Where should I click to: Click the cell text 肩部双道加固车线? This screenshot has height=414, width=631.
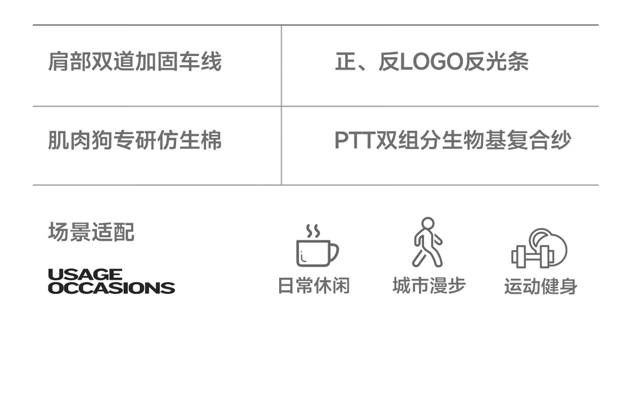click(135, 61)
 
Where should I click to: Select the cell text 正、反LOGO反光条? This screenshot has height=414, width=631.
click(432, 61)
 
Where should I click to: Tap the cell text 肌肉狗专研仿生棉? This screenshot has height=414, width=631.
click(135, 140)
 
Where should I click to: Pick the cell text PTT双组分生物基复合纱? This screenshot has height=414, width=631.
click(453, 140)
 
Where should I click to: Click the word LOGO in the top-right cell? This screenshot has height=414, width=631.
click(432, 62)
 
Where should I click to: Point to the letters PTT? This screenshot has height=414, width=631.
click(355, 140)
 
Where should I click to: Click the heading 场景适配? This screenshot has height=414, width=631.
click(91, 232)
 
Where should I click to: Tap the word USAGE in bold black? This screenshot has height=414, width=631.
click(85, 274)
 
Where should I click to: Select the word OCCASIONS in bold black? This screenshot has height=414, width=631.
click(112, 288)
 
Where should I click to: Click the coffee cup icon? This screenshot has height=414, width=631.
click(317, 245)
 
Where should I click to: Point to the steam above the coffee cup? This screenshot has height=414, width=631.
click(313, 231)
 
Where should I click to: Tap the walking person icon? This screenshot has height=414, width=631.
click(428, 242)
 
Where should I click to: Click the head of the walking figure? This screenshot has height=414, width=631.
click(428, 224)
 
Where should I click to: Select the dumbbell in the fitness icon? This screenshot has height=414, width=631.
click(533, 257)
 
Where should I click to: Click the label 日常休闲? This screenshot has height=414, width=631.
click(314, 285)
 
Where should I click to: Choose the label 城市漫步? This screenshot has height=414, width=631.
click(429, 285)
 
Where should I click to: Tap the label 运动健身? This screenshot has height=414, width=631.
click(541, 286)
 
